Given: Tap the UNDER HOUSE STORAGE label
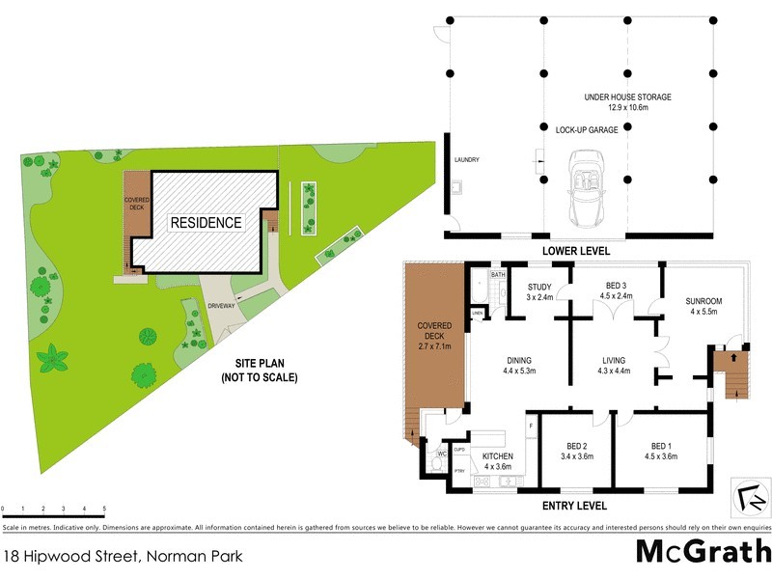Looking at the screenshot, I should (x=627, y=97).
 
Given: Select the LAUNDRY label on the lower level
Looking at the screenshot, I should (x=467, y=160).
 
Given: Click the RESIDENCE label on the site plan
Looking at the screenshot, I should (x=206, y=222).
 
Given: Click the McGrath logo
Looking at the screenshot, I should (x=703, y=552).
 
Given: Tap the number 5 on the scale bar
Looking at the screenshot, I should (x=104, y=508).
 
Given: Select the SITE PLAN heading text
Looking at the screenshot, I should (x=254, y=363).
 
